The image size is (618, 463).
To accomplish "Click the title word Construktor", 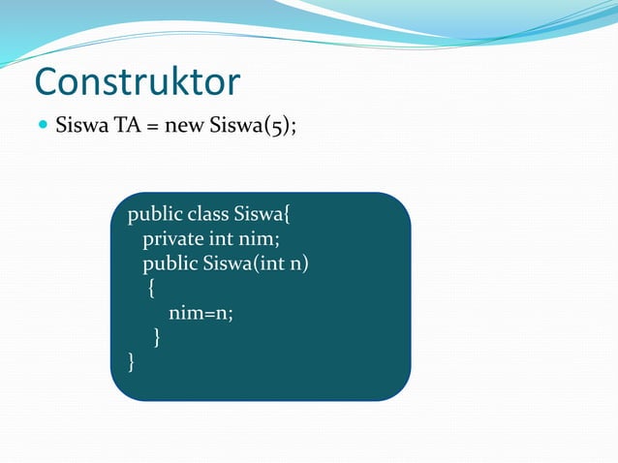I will coord(137,81).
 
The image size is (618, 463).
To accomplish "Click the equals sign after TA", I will coord(151,127).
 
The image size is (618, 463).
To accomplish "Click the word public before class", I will coord(156,213).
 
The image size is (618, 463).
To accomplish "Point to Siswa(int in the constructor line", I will coord(245,263).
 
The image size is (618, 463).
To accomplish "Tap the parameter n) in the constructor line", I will coord(300,263).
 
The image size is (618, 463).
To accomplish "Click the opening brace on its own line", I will coord(150,289).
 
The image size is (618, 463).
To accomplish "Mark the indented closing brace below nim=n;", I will coord(157,338).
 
